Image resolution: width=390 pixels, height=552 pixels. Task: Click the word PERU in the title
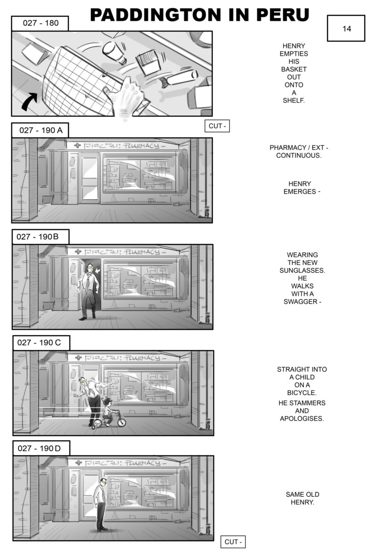[282, 15]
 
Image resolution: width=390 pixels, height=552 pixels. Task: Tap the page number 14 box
[346, 29]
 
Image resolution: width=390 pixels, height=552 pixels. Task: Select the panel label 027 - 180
[40, 23]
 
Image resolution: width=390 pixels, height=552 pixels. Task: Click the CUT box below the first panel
[217, 126]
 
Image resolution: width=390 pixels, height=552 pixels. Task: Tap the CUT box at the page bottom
[233, 542]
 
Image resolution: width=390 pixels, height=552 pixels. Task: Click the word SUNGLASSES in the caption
[302, 270]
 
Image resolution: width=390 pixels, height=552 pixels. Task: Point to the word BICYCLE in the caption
[301, 392]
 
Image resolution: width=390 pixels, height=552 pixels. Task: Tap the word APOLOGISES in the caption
[302, 419]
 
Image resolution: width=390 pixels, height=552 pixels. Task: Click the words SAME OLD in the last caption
[302, 494]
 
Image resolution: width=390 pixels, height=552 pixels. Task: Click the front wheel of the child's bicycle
[121, 422]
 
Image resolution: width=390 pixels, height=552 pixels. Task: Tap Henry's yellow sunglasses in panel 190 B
[90, 266]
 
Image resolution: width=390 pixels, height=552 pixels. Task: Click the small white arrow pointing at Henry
[98, 271]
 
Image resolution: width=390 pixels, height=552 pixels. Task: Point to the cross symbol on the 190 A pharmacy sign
[77, 146]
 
